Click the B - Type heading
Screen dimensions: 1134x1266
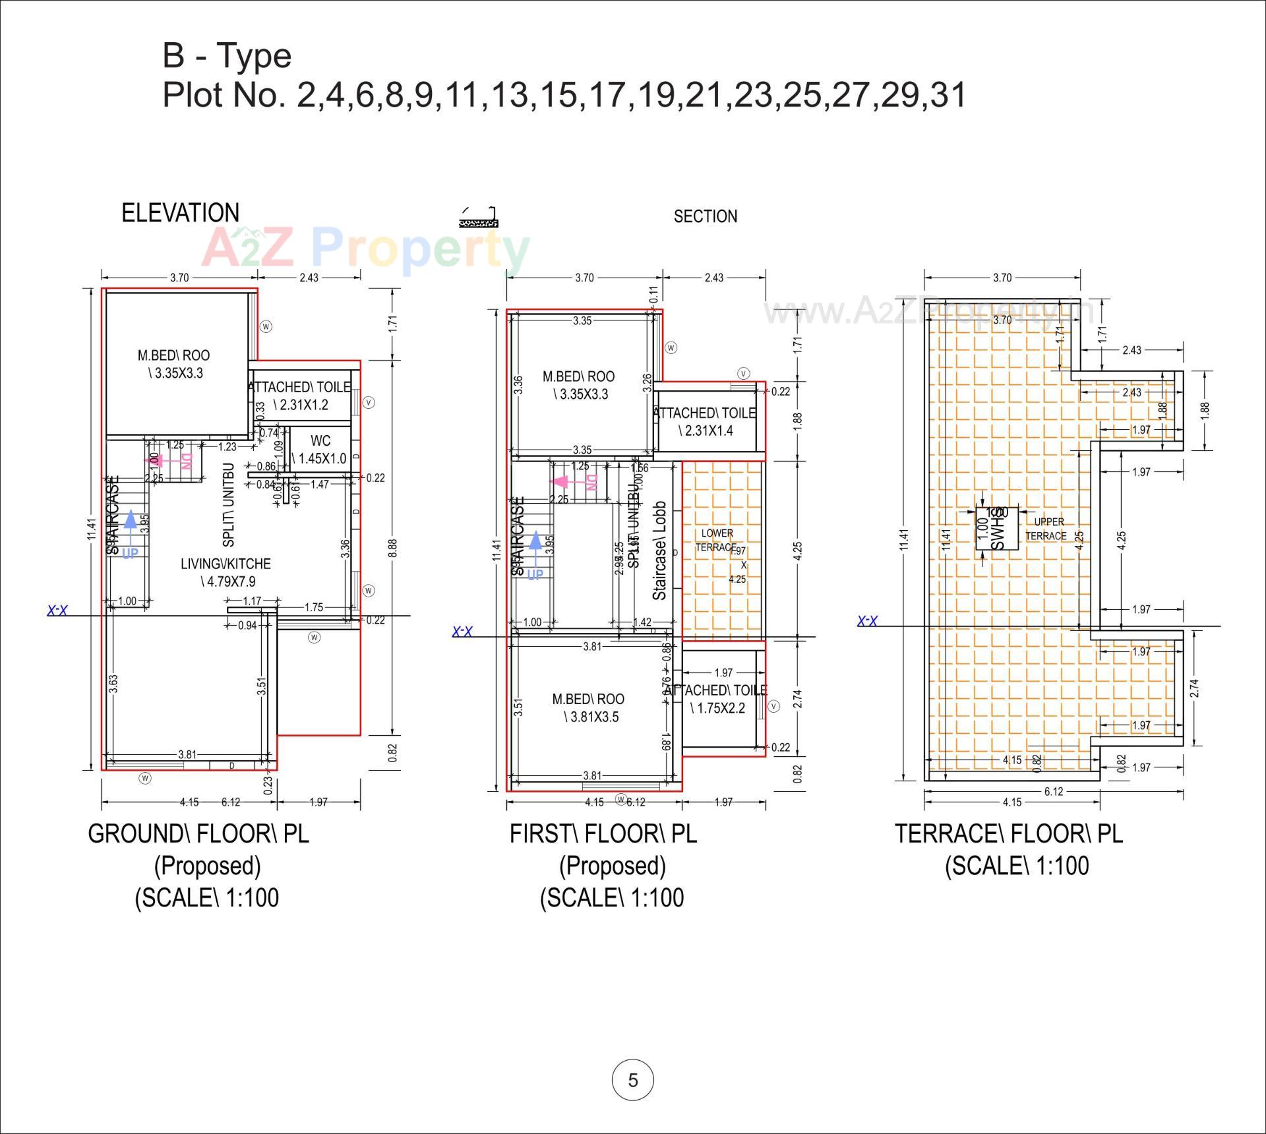coord(227,55)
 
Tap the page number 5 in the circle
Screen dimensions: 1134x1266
coord(632,1080)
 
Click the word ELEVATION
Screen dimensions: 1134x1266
coord(180,213)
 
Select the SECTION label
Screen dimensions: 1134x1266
coord(705,216)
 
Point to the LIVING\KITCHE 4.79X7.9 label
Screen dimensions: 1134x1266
coord(226,572)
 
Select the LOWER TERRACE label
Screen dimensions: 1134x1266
coord(717,540)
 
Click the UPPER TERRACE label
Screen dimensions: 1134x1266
coord(1046,529)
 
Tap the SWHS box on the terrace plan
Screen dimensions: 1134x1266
coord(996,528)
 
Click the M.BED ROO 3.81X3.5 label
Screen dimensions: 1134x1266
coord(588,707)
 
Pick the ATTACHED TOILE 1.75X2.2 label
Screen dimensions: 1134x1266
coord(715,699)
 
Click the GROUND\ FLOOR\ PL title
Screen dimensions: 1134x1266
coord(198,833)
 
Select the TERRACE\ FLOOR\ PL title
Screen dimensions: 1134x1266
coord(1008,833)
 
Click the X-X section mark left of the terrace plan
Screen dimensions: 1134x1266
coord(867,620)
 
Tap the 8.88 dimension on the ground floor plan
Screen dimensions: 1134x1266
coord(392,548)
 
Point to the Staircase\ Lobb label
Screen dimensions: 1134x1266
coord(659,551)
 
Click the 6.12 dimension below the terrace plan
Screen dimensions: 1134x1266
coord(1053,791)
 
